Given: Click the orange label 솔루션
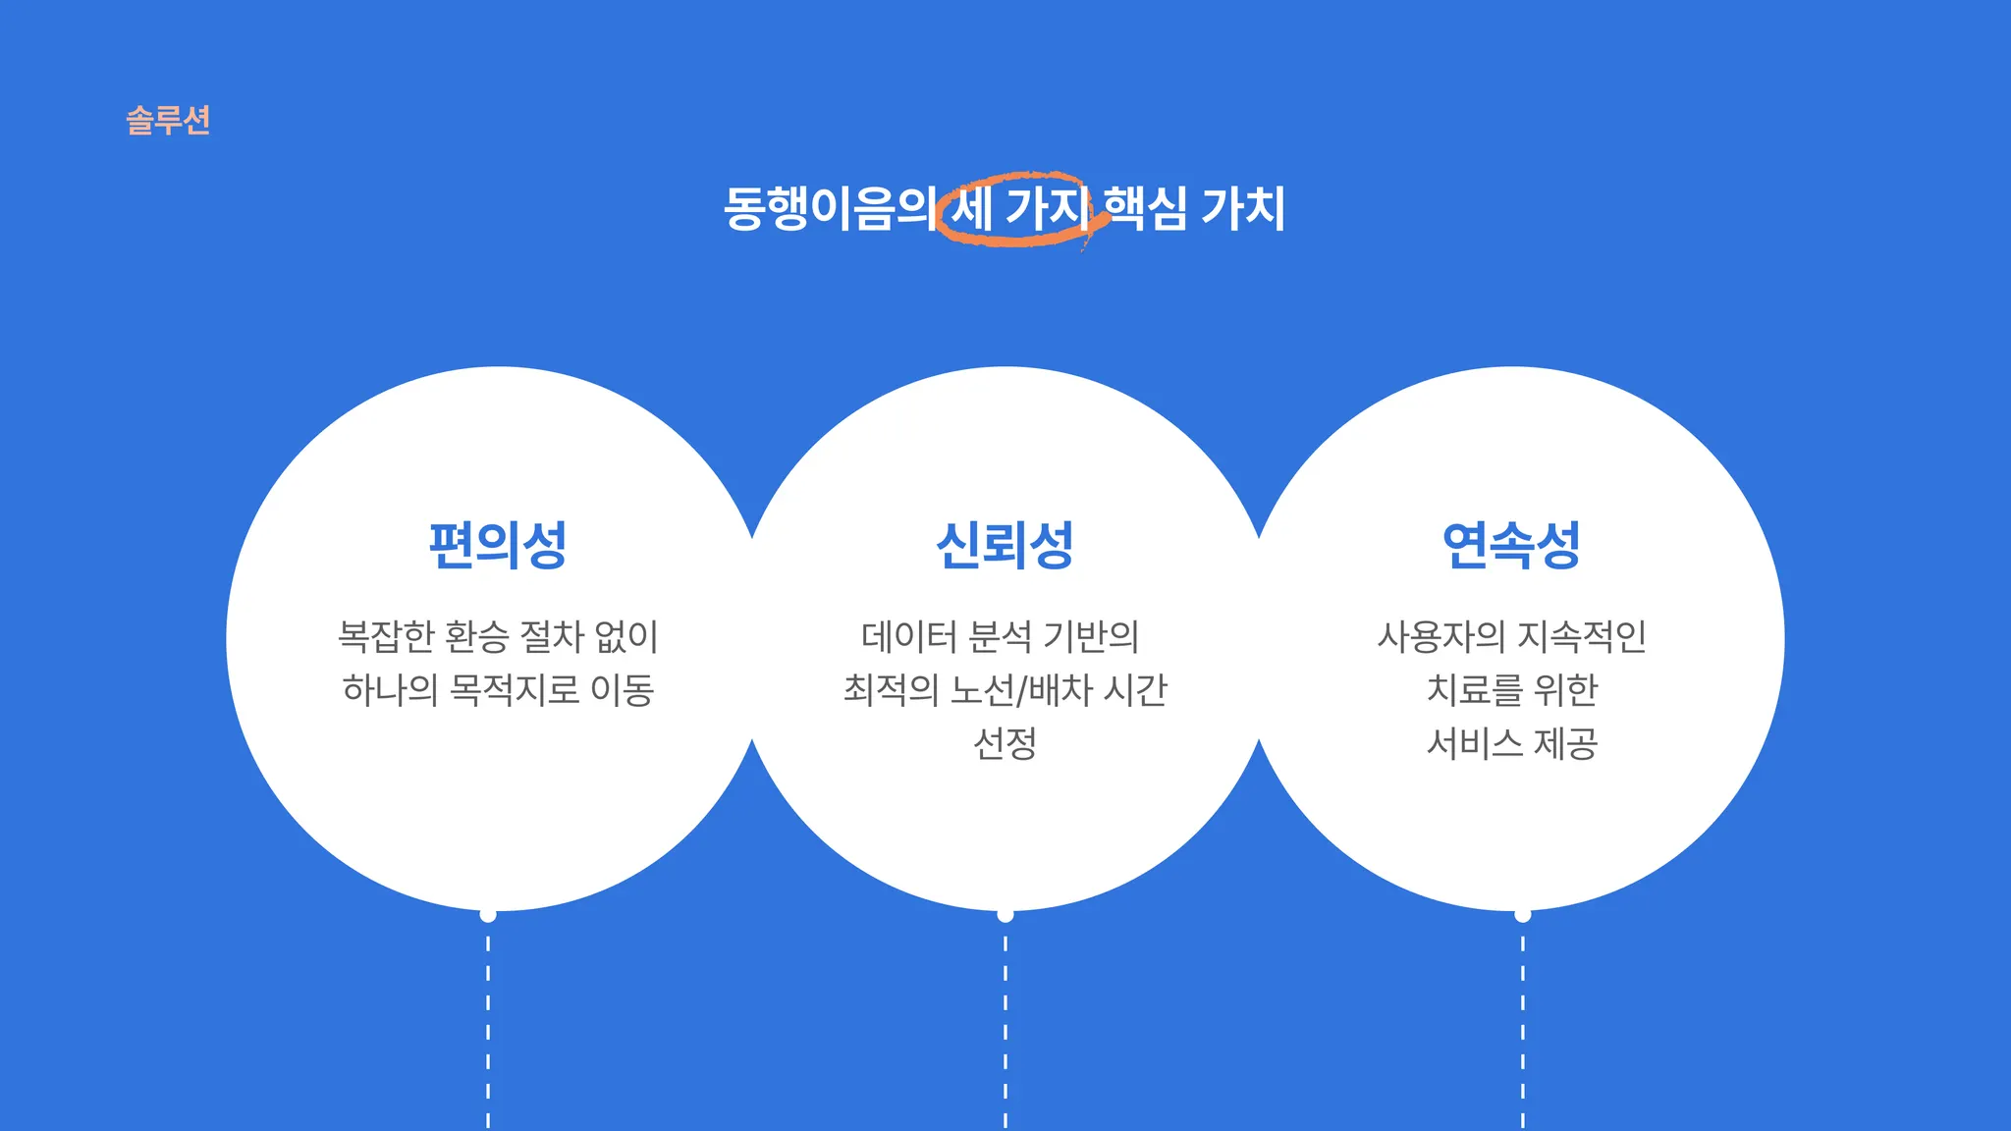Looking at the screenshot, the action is point(168,120).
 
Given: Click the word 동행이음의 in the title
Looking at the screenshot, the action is point(828,208).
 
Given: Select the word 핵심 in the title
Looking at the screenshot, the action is point(1144,208).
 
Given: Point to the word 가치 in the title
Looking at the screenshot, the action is point(1243,208).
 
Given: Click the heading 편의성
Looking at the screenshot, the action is point(498,545).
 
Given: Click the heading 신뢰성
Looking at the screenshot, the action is point(1005,545).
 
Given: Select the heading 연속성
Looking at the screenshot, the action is point(1511,545).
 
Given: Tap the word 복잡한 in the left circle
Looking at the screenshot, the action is point(386,636).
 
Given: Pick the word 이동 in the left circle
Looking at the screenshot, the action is point(623,690).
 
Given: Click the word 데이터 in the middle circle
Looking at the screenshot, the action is point(908,636).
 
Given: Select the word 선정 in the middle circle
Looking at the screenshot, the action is point(1005,743).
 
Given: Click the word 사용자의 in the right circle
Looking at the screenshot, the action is point(1440,636).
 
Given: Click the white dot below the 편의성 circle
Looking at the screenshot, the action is point(488,915).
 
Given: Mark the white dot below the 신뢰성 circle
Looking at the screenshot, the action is point(1005,915).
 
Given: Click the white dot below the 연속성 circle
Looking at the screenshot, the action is point(1522,915).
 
